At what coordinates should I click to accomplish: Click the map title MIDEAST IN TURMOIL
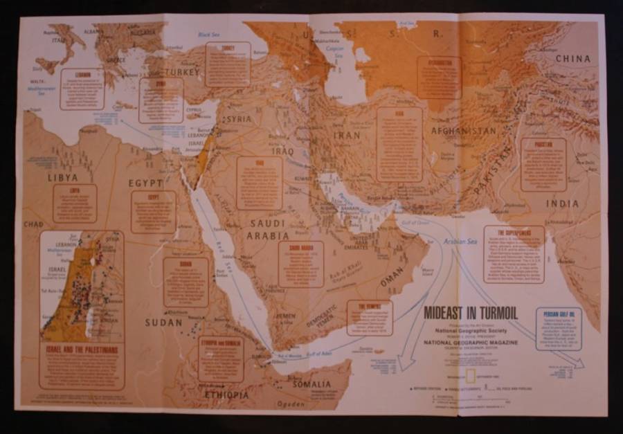[470, 312]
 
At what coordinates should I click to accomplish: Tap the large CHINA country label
[573, 59]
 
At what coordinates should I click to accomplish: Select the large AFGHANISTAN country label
[463, 131]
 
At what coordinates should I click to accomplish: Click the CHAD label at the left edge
[33, 224]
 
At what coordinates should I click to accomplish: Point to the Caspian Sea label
[335, 51]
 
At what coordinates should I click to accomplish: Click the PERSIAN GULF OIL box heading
[558, 314]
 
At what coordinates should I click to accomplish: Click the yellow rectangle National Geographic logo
[470, 376]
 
